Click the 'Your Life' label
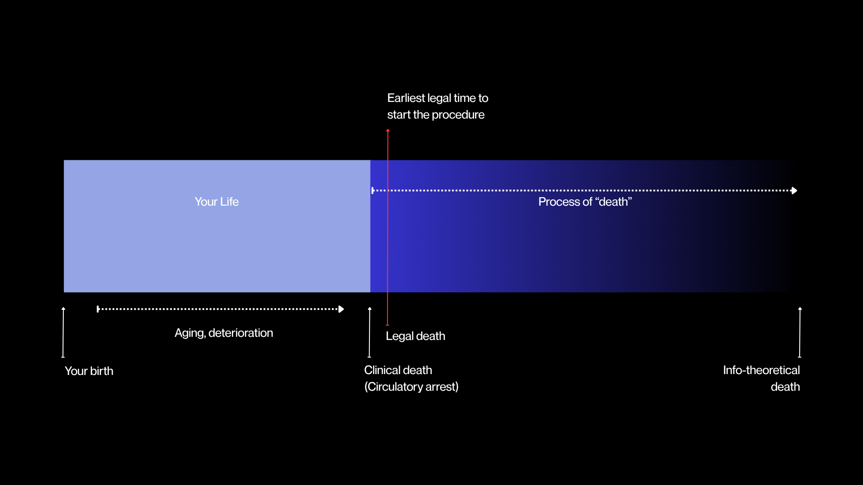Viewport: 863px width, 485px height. pyautogui.click(x=217, y=202)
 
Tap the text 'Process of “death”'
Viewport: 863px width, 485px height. pyautogui.click(x=585, y=202)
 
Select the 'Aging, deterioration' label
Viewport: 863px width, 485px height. pyautogui.click(x=224, y=333)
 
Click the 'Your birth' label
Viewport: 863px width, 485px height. pyautogui.click(x=89, y=371)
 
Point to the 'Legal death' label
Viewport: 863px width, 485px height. pyautogui.click(x=415, y=336)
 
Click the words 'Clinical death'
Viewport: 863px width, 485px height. pyautogui.click(x=398, y=370)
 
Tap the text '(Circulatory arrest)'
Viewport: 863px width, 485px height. pyautogui.click(x=411, y=387)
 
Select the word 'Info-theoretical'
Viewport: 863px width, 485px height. pyautogui.click(x=761, y=370)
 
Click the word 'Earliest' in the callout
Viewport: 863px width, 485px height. pyautogui.click(x=406, y=98)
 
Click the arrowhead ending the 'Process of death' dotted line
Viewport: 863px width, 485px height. pyautogui.click(x=794, y=190)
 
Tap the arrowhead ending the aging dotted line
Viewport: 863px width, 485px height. pyautogui.click(x=341, y=309)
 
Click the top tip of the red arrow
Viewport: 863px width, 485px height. pyautogui.click(x=388, y=130)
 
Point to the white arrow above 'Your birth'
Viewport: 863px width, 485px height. pyautogui.click(x=63, y=332)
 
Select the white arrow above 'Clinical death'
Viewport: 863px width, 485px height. pyautogui.click(x=369, y=332)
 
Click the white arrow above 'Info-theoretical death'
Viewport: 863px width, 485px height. pyautogui.click(x=800, y=332)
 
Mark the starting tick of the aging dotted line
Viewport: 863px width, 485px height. pyautogui.click(x=98, y=309)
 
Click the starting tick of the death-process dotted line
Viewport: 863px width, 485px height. pyautogui.click(x=372, y=190)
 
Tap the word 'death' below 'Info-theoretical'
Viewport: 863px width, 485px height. pyautogui.click(x=785, y=387)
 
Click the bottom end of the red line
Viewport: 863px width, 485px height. pyautogui.click(x=387, y=325)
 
